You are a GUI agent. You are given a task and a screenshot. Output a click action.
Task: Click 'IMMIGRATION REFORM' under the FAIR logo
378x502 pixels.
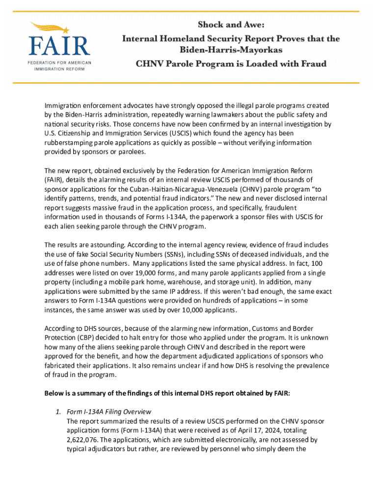pyautogui.click(x=59, y=69)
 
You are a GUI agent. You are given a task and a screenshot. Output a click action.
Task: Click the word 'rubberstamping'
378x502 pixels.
pyautogui.click(x=68, y=143)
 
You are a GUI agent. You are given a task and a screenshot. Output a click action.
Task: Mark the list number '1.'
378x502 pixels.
pyautogui.click(x=58, y=412)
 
